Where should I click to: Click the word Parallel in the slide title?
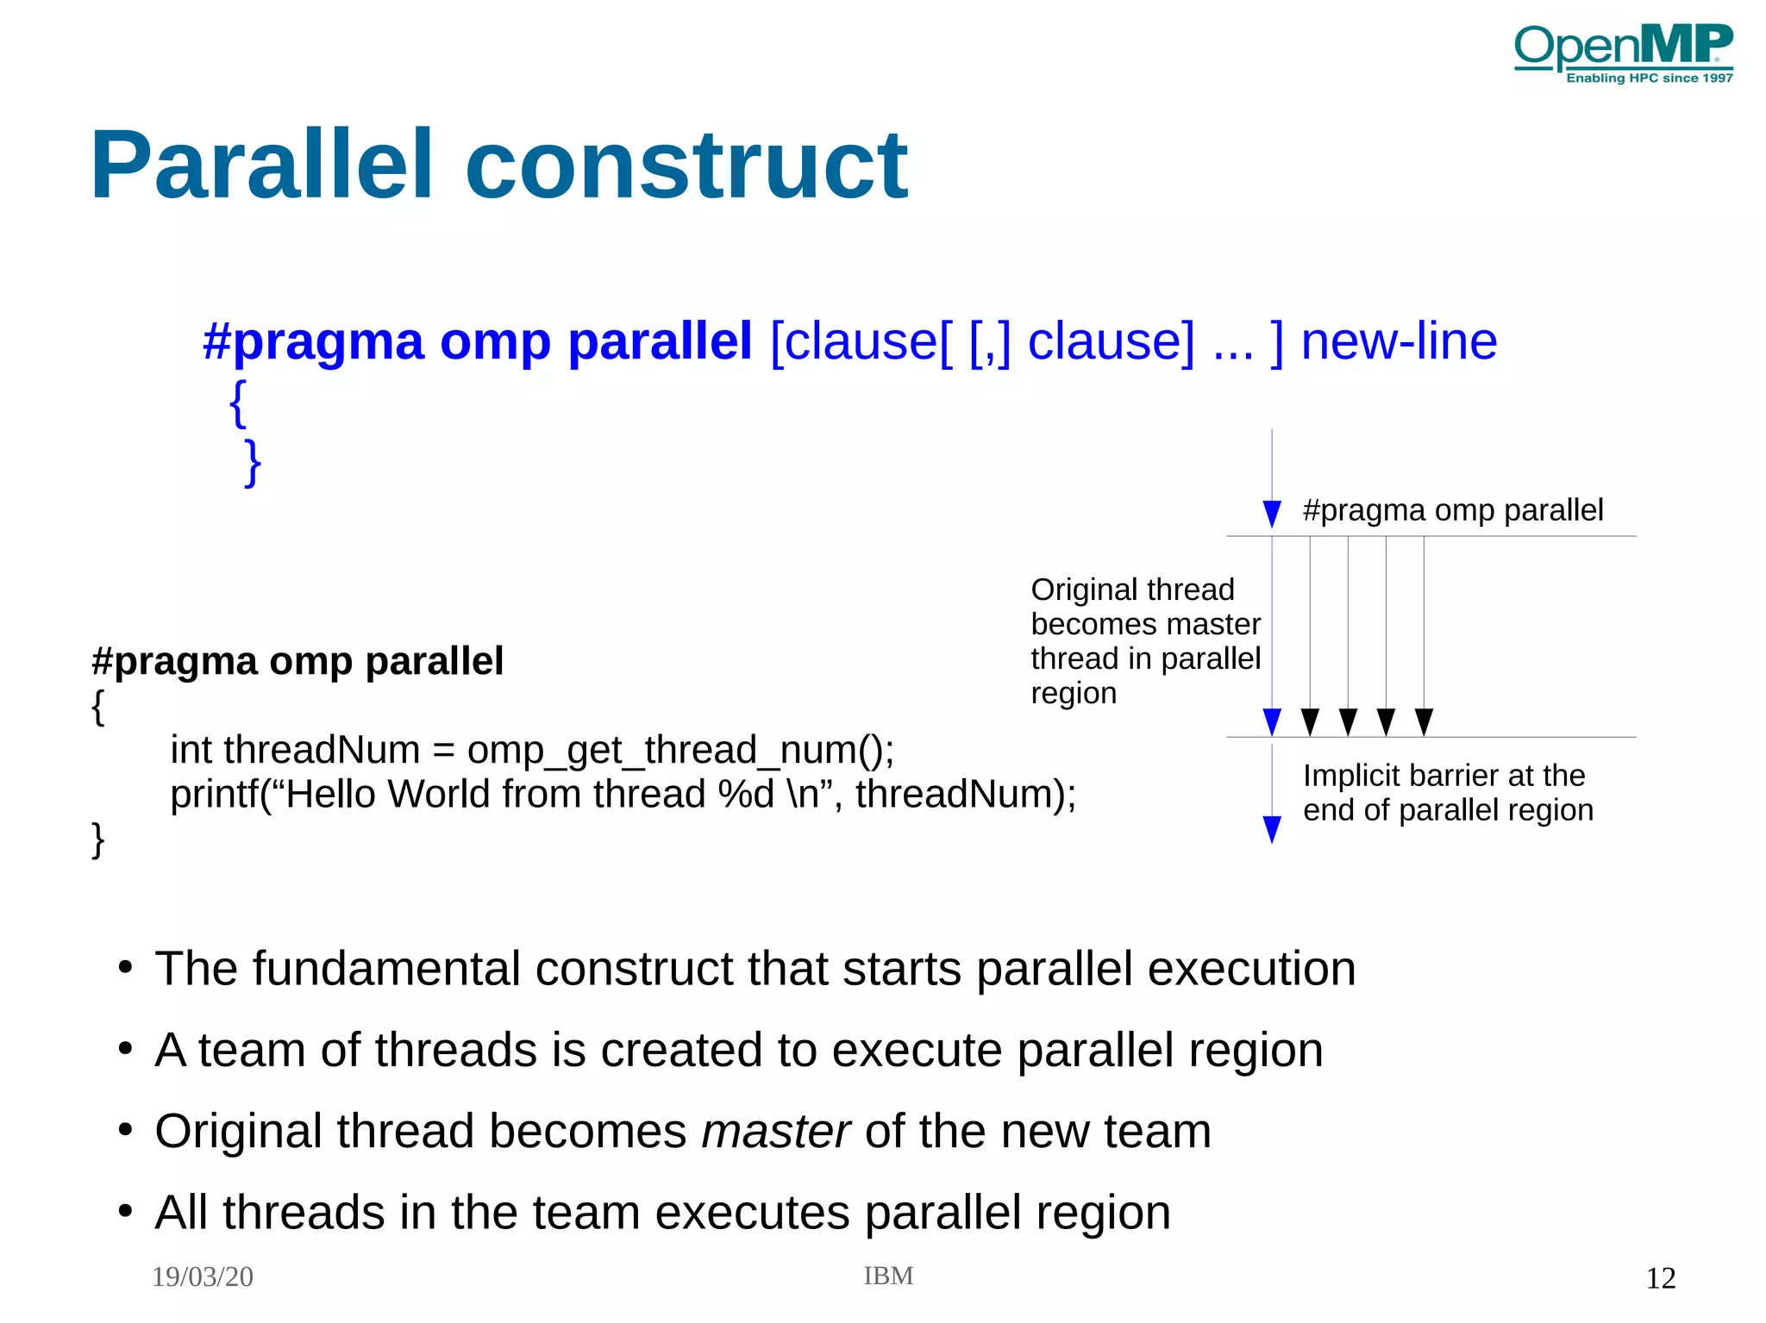[260, 165]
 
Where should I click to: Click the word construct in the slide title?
[686, 165]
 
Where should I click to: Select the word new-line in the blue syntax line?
[1398, 341]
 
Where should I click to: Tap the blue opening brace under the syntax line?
[238, 403]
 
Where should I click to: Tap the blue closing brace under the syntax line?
[252, 463]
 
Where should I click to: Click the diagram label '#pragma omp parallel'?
[1452, 510]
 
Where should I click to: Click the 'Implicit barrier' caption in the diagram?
[1447, 792]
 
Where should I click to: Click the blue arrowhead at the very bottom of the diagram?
[1271, 829]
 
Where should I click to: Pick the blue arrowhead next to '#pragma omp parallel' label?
[1271, 513]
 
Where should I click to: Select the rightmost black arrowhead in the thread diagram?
[1424, 721]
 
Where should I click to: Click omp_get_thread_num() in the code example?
[679, 749]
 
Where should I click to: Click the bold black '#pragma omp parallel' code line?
[297, 661]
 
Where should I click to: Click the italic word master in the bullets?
[775, 1131]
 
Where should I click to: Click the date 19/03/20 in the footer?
[202, 1276]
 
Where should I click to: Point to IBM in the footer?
[888, 1276]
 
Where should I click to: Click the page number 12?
[1660, 1278]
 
